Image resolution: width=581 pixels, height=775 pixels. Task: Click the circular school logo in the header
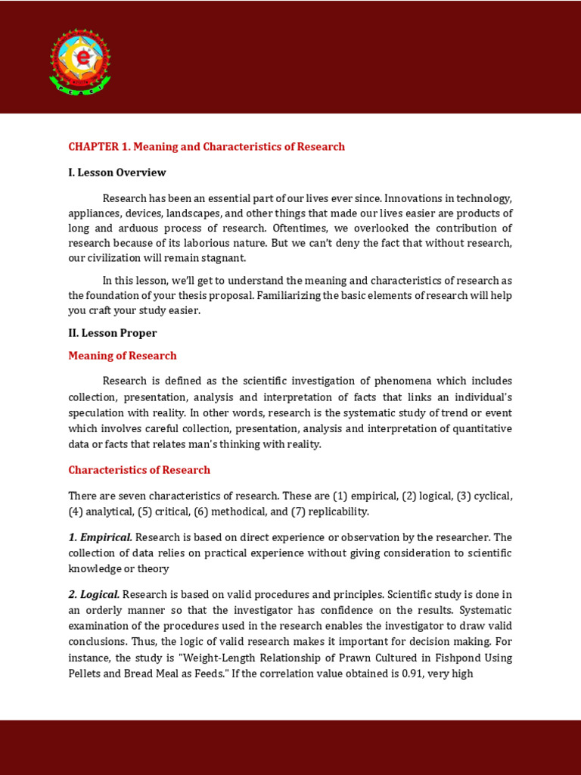(80, 61)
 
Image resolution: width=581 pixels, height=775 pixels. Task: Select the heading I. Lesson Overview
(117, 173)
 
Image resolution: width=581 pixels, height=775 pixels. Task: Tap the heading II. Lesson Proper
(113, 333)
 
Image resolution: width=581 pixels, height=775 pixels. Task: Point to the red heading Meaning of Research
(123, 356)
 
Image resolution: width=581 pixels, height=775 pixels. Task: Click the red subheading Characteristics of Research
(139, 470)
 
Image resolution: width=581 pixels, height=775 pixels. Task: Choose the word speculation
(96, 413)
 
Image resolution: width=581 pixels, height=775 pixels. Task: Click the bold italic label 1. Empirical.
(101, 537)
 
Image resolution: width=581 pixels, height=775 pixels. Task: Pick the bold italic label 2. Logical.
(94, 594)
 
